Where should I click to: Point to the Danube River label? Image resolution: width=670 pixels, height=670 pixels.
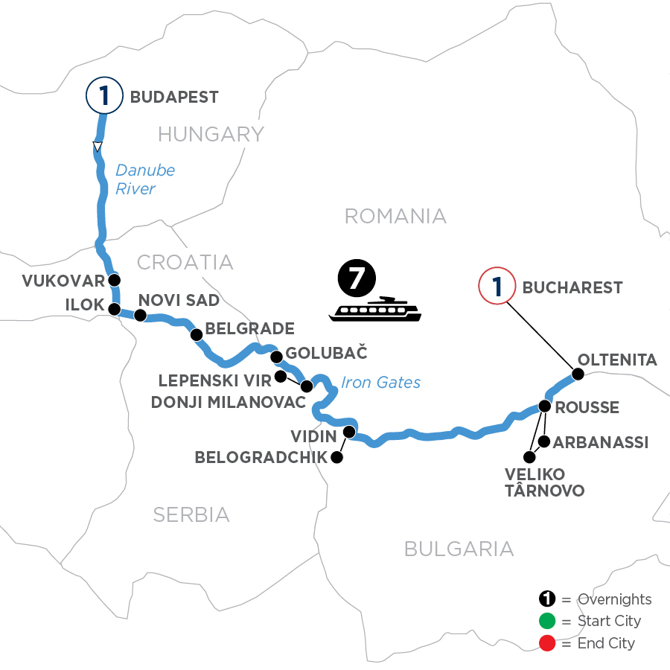click(145, 179)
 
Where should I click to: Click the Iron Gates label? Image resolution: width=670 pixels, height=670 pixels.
click(380, 383)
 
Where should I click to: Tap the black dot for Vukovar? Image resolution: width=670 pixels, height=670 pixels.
click(114, 281)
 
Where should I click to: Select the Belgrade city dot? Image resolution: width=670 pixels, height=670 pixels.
click(197, 334)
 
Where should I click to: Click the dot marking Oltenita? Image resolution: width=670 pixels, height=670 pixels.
click(577, 374)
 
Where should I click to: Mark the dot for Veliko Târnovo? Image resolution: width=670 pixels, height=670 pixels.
click(529, 456)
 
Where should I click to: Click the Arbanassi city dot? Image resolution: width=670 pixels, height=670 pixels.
click(544, 442)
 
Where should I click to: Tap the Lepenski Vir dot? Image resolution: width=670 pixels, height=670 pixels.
click(281, 376)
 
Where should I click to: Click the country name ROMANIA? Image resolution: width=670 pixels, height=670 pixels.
click(395, 216)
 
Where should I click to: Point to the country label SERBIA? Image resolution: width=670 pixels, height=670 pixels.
click(191, 514)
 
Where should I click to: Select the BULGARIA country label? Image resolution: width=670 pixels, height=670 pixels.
click(459, 549)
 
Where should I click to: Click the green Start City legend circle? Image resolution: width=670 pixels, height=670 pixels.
click(547, 621)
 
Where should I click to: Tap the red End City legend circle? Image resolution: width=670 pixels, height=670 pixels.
click(547, 642)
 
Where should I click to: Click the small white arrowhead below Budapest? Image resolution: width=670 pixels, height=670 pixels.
click(97, 146)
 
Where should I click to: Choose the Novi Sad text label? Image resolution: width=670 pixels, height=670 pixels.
click(179, 300)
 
